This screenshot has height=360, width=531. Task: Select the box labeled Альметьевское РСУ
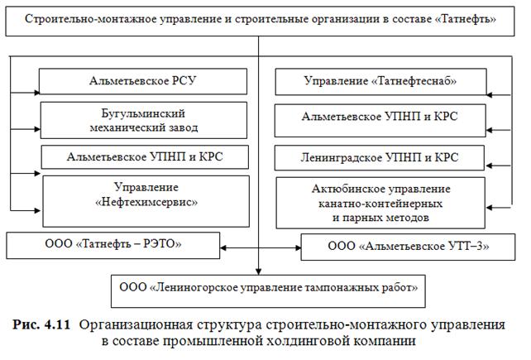point(143,81)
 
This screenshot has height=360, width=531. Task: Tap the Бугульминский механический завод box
point(143,120)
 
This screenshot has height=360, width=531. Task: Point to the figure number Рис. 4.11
point(45,324)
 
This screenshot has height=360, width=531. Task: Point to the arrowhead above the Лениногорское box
point(259,271)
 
